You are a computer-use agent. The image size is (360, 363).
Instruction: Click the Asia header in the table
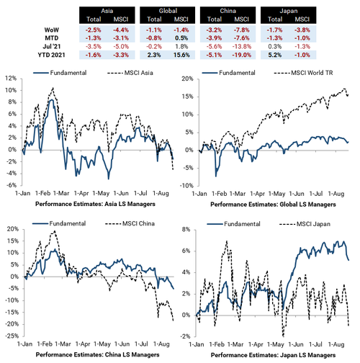(107, 11)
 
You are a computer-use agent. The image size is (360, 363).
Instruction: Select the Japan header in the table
(288, 11)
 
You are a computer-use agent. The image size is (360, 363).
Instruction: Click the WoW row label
(52, 30)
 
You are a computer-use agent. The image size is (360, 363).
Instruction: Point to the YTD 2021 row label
(51, 55)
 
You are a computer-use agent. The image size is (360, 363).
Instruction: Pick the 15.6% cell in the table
(181, 55)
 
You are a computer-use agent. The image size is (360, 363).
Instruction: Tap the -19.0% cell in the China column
(242, 55)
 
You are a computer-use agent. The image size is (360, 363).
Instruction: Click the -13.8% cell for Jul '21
(242, 47)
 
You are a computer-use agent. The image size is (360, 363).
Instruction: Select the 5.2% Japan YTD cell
(275, 55)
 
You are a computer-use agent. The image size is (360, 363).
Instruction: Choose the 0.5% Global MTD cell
(181, 38)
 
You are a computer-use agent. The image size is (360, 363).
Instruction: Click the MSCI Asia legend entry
(130, 73)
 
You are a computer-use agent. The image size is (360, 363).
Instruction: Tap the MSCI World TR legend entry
(303, 73)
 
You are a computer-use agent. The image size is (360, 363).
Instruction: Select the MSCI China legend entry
(130, 223)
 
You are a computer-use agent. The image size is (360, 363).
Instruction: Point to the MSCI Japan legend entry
(305, 224)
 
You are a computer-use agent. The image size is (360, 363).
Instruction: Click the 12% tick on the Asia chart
(11, 79)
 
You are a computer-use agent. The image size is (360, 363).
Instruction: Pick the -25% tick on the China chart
(12, 336)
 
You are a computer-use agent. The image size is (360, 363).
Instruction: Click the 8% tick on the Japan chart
(186, 230)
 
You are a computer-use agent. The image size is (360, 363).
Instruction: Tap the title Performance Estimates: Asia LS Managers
(95, 204)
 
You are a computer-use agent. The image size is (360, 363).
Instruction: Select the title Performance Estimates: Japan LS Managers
(273, 355)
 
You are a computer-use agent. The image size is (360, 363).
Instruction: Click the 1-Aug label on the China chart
(161, 344)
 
